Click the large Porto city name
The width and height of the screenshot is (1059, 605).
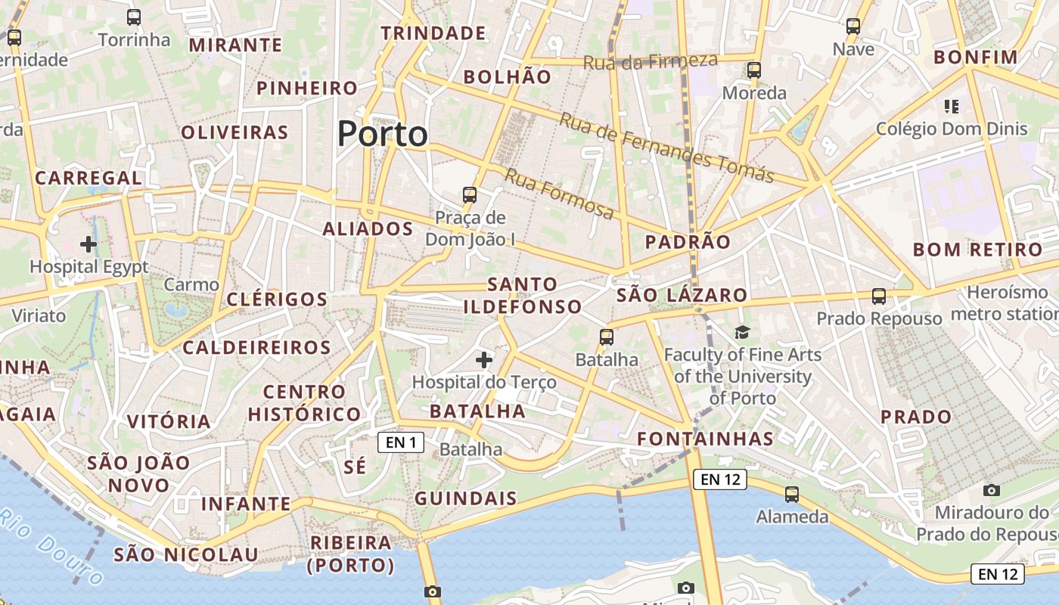pyautogui.click(x=382, y=134)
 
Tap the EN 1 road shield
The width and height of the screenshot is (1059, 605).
pyautogui.click(x=400, y=442)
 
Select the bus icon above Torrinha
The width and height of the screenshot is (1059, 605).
pyautogui.click(x=134, y=17)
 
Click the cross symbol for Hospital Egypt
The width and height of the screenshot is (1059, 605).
pyautogui.click(x=89, y=244)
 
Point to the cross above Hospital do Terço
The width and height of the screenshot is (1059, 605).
pyautogui.click(x=484, y=360)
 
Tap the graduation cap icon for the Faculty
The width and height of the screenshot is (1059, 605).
pyautogui.click(x=742, y=332)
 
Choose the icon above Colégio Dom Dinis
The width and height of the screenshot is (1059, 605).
pyautogui.click(x=952, y=107)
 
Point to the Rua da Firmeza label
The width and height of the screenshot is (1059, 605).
pyautogui.click(x=651, y=61)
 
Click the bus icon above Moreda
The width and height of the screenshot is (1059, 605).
pyautogui.click(x=753, y=70)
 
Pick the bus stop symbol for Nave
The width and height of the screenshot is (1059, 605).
pyautogui.click(x=853, y=26)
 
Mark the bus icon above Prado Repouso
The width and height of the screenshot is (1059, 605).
pyautogui.click(x=878, y=296)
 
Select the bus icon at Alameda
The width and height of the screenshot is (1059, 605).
pyautogui.click(x=792, y=495)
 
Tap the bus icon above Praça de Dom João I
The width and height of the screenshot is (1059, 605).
pyautogui.click(x=470, y=195)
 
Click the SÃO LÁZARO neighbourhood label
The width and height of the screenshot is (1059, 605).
pyautogui.click(x=682, y=295)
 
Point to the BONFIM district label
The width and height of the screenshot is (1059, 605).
pyautogui.click(x=976, y=57)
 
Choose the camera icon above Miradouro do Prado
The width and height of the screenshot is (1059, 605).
pyautogui.click(x=992, y=490)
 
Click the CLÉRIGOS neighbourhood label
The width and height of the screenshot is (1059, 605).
pyautogui.click(x=277, y=299)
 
